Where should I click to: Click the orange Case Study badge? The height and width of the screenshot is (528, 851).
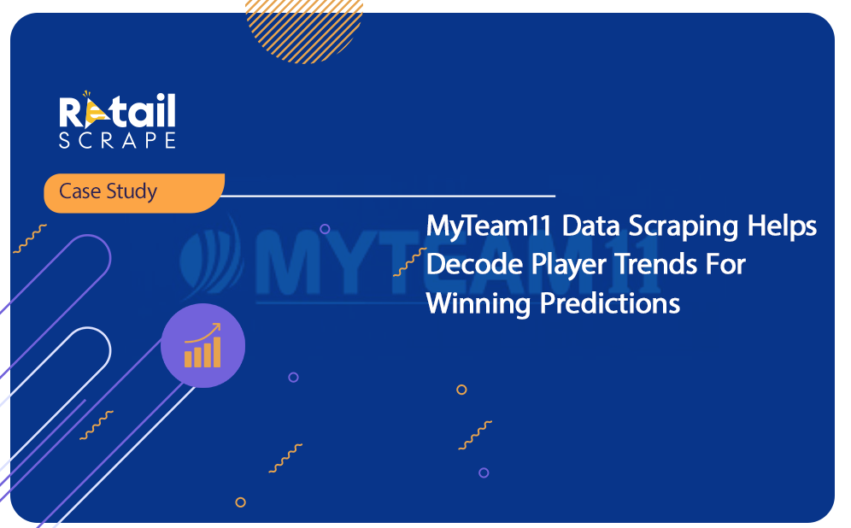coord(134,192)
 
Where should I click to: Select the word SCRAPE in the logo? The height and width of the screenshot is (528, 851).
coord(117,140)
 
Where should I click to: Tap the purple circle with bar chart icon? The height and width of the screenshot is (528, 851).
coord(203,346)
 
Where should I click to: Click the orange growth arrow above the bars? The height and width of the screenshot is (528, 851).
coord(203,332)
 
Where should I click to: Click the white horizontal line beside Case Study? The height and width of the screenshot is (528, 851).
coord(389,196)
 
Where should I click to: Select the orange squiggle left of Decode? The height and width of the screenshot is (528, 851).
coord(410,262)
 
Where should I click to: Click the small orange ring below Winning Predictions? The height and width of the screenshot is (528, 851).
coord(461,390)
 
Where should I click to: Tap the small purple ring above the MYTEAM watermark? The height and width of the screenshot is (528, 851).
coord(325,229)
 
